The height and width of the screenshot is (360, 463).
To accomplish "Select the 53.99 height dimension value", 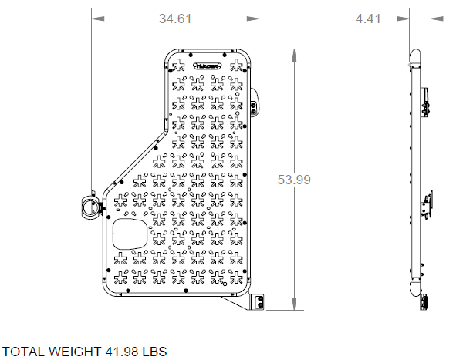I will [294, 180].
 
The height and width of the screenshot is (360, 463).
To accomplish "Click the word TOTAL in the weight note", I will [25, 352].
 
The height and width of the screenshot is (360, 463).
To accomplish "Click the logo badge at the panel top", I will [209, 66].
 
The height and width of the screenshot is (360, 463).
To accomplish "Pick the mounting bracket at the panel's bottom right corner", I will [259, 302].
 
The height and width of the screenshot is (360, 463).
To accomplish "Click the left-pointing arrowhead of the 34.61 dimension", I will [95, 20].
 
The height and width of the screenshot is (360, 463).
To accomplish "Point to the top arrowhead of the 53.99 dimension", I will [294, 52].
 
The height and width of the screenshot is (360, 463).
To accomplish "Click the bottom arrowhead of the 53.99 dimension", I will [294, 307].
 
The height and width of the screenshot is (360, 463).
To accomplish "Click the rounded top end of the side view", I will [414, 56].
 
